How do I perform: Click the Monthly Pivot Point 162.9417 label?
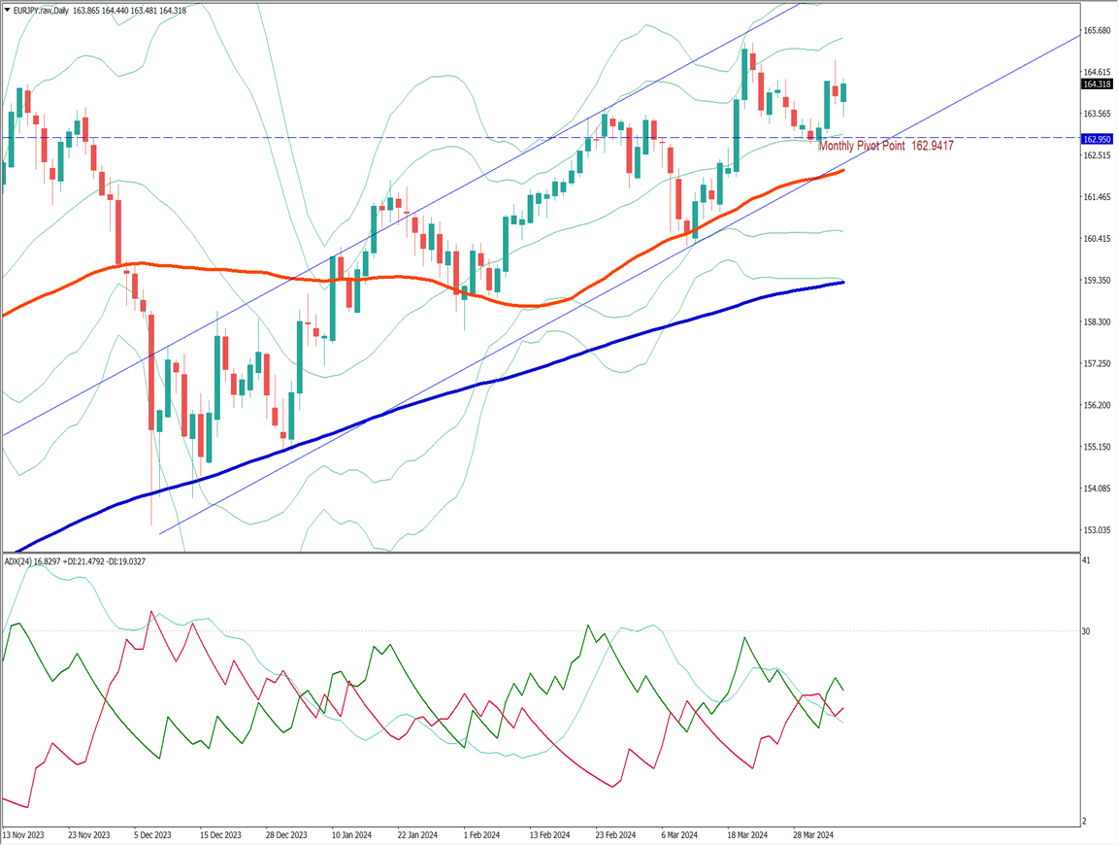click(885, 146)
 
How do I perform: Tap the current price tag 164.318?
click(1098, 84)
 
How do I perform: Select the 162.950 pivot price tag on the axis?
click(1098, 139)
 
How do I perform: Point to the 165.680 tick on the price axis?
click(1098, 31)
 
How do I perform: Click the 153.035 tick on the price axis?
click(1098, 530)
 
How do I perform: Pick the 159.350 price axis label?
click(1098, 281)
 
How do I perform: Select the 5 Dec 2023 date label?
click(152, 834)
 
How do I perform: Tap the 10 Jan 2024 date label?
click(351, 834)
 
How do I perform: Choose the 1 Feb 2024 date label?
click(480, 834)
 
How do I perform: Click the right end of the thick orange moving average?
click(841, 170)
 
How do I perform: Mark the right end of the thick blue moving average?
click(841, 282)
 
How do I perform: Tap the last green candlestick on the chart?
click(843, 92)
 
